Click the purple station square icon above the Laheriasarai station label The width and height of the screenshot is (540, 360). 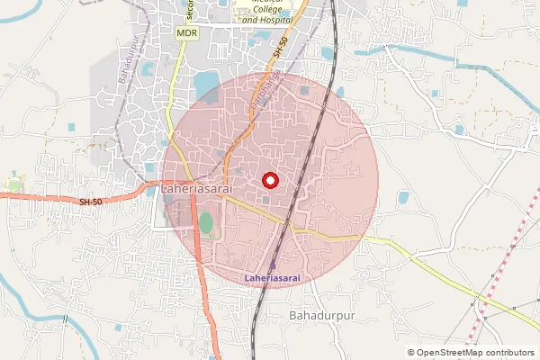point(274,265)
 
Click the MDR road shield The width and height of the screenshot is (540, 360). point(186,33)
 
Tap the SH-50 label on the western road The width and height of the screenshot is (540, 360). point(91,202)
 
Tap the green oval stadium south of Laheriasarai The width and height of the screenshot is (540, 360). point(207,222)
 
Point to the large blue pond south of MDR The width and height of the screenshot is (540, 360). point(206,85)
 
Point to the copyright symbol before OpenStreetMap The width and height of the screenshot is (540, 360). point(411,353)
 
